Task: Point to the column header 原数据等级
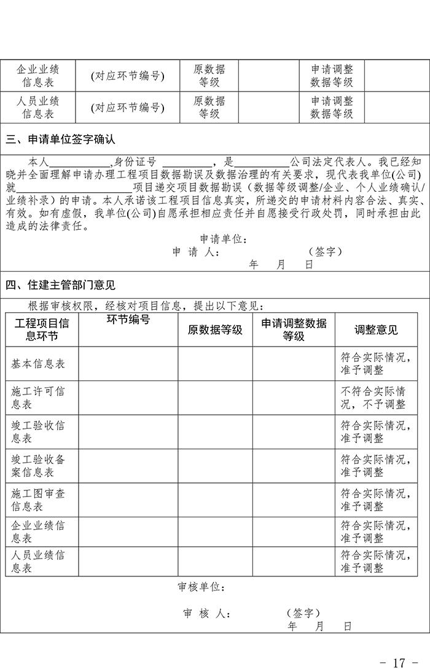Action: [x=215, y=330]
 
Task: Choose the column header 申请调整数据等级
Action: [x=294, y=330]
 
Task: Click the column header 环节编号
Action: [x=128, y=320]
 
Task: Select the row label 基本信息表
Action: [x=38, y=364]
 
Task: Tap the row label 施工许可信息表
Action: [x=38, y=398]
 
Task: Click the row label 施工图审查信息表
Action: [x=38, y=500]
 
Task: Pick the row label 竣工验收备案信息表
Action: [x=38, y=466]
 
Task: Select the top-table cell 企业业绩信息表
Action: [x=38, y=75]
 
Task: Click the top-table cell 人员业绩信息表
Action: [x=38, y=107]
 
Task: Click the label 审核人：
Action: [x=207, y=614]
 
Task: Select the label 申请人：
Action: [x=196, y=252]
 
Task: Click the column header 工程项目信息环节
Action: [x=42, y=330]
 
